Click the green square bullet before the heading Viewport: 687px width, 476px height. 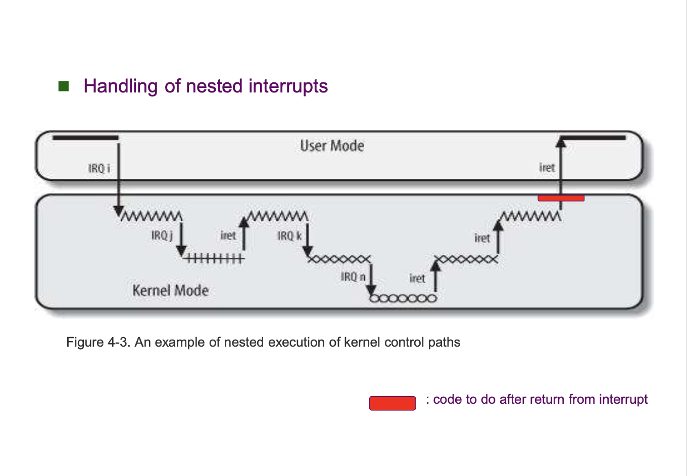(x=64, y=86)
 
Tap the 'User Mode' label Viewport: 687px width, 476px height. (x=332, y=146)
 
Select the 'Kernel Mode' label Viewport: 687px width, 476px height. (x=170, y=291)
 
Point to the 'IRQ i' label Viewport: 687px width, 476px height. (x=99, y=168)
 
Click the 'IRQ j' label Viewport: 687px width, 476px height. (x=162, y=235)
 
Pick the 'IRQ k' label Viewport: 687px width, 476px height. (x=289, y=236)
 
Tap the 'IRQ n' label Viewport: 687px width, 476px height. (x=353, y=277)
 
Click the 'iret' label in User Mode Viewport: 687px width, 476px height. (x=547, y=168)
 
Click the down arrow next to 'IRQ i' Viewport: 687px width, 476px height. (x=119, y=177)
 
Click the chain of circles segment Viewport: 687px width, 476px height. (x=403, y=298)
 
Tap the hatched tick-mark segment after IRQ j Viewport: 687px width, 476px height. (x=214, y=259)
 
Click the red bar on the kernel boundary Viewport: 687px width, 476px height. (x=561, y=198)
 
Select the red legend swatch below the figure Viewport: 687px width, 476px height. (x=392, y=403)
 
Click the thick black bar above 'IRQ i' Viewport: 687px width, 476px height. (x=85, y=137)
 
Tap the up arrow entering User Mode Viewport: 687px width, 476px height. (x=561, y=167)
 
